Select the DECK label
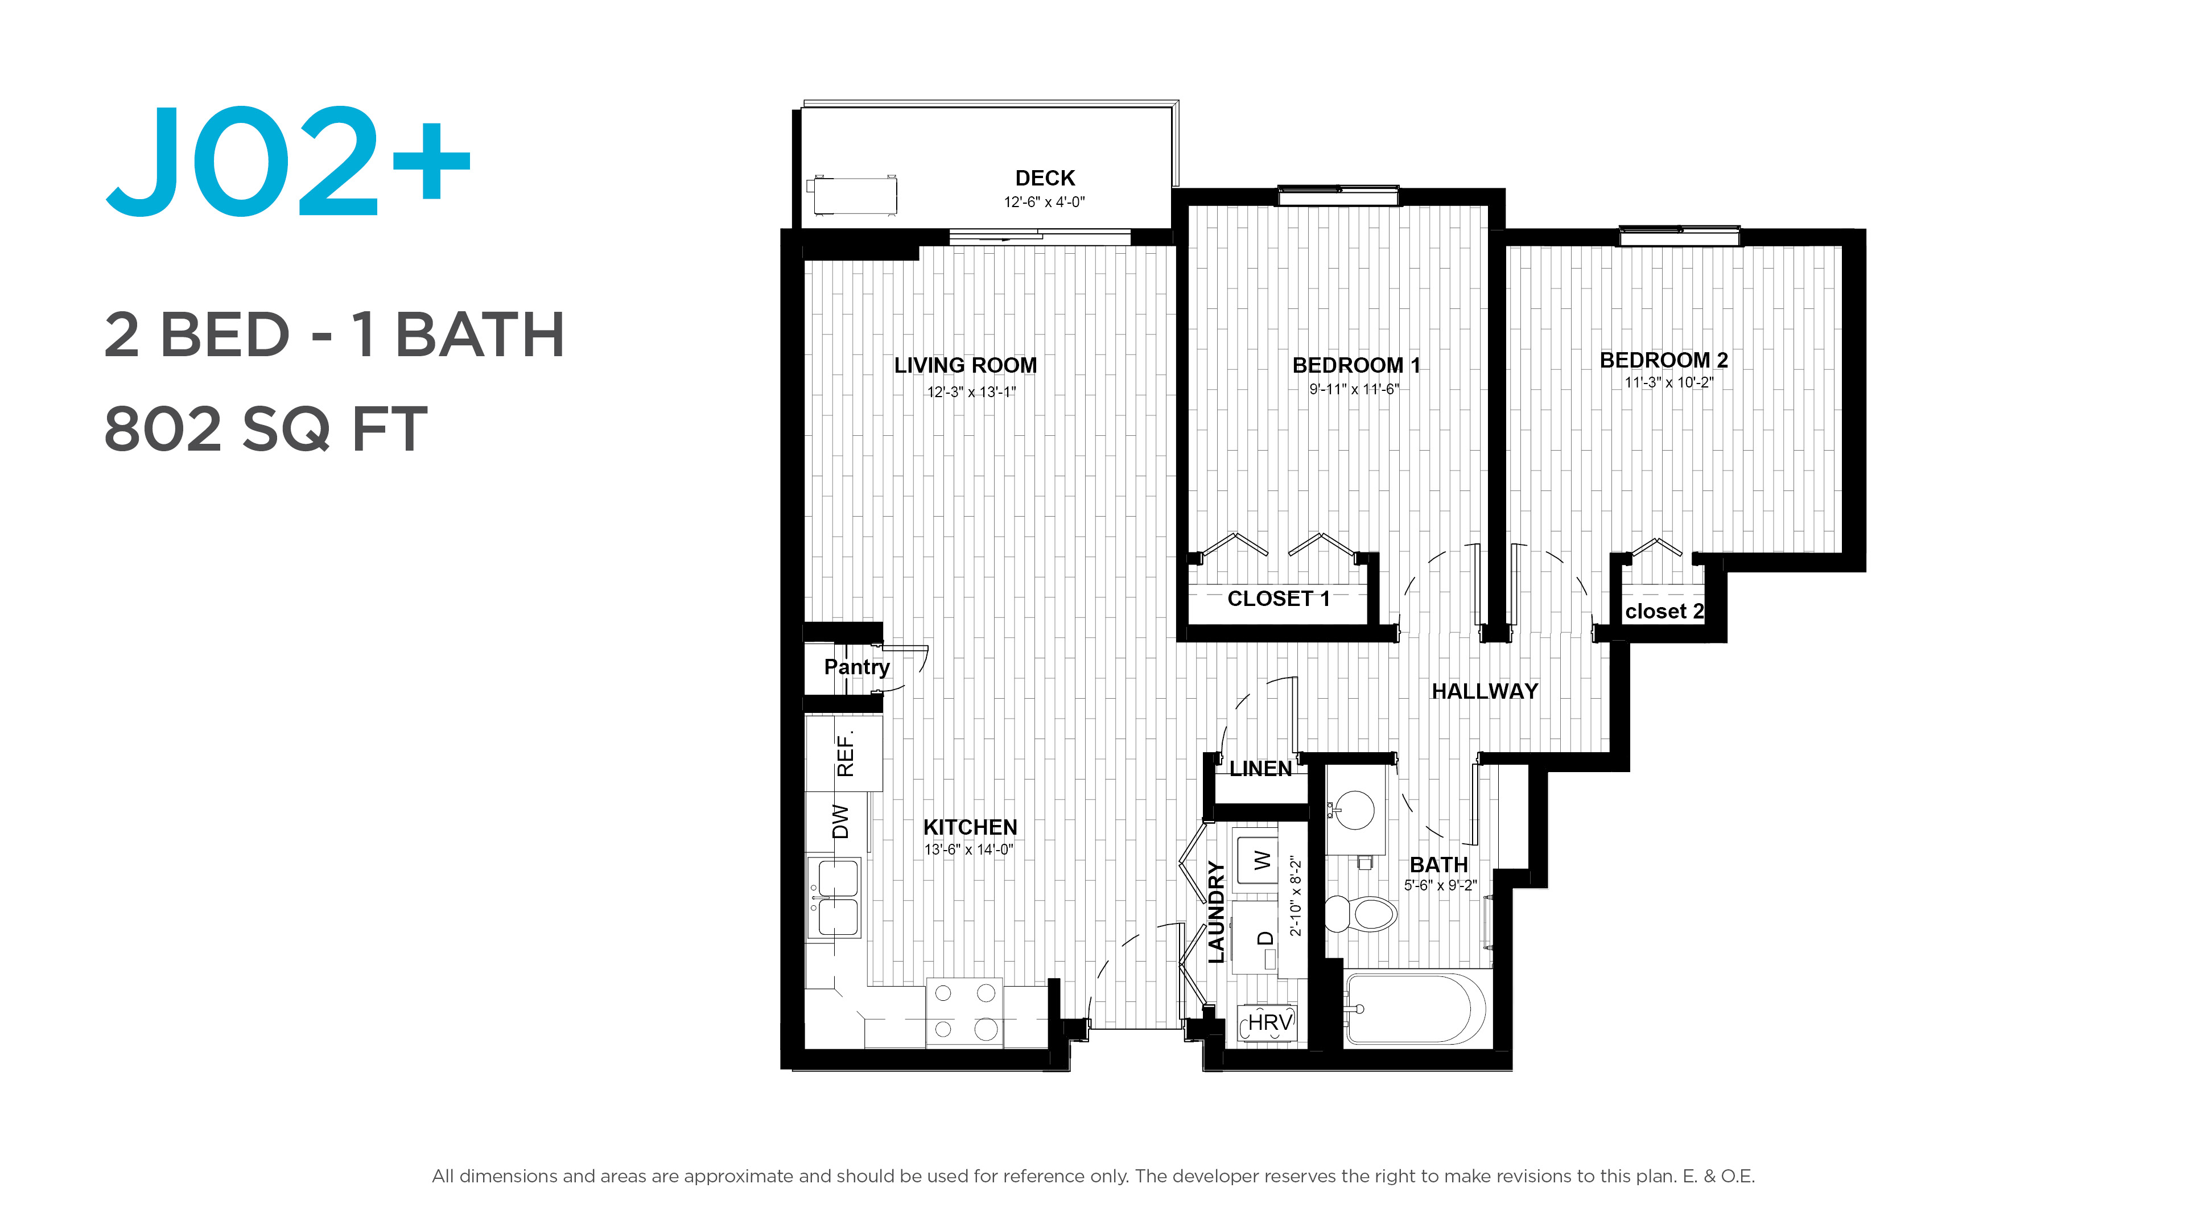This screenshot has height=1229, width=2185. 1045,178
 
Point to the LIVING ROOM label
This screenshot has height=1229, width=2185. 965,365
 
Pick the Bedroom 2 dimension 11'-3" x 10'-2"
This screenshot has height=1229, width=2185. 1668,382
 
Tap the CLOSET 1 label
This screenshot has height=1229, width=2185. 1278,599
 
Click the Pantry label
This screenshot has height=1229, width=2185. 857,667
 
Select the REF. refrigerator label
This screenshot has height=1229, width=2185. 846,752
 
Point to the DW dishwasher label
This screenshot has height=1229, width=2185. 840,821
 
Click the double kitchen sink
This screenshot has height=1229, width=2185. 835,897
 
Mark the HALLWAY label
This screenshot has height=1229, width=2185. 1485,692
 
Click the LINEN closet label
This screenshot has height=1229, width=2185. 1260,769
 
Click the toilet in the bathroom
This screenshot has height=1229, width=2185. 1361,913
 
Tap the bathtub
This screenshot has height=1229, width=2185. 1415,1009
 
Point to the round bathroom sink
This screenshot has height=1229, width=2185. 1355,809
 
